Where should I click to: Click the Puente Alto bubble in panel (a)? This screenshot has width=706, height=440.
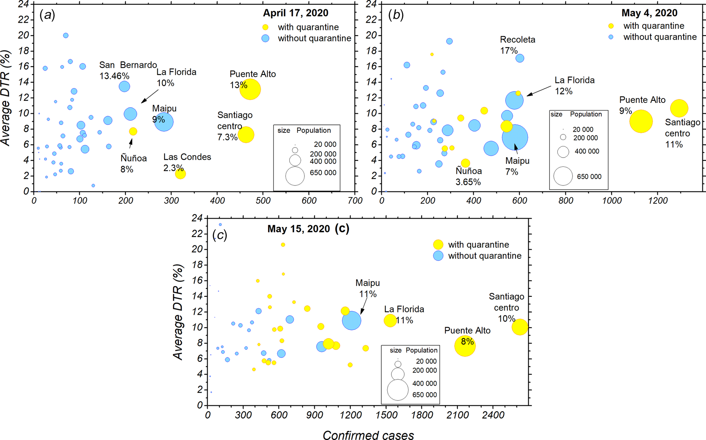250,89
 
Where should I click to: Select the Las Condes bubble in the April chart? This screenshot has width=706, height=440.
180,174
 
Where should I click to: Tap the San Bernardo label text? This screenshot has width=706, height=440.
128,65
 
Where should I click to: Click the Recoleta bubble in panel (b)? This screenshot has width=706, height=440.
520,58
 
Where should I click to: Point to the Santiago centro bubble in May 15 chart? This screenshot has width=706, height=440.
520,327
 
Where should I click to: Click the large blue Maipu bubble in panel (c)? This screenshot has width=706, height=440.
352,320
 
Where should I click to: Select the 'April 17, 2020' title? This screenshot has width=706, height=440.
296,13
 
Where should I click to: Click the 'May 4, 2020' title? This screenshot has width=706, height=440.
649,13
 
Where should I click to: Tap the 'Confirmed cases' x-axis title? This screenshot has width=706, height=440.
368,435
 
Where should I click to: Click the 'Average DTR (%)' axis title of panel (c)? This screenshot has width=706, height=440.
178,312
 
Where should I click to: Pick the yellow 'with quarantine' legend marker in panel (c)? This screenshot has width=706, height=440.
438,245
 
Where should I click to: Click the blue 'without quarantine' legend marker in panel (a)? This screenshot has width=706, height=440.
265,38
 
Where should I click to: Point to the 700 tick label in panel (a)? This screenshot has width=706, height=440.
355,201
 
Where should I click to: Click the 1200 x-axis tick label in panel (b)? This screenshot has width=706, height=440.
658,201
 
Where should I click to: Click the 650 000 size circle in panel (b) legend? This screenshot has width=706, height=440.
563,176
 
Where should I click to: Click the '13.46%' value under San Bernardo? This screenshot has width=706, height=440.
114,76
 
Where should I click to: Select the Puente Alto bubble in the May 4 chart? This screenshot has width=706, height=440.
641,121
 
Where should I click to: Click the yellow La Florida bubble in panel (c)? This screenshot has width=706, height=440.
390,320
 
